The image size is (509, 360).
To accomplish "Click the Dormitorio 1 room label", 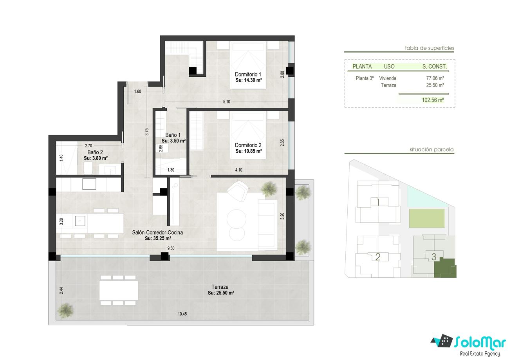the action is pos(248,74).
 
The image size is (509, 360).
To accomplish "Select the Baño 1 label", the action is pos(173,135).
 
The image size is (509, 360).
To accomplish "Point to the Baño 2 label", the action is pos(95,152).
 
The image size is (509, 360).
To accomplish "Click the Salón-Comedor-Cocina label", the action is pos(157,233).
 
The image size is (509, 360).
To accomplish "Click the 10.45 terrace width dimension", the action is pos(182,314).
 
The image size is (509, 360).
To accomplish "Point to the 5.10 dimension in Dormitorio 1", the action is pos(227,101).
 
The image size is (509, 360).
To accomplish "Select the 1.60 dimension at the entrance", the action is pos(137,91).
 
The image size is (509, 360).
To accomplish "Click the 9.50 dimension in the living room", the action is pos(171,248).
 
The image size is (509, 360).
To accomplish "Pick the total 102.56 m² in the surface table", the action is pos(433,100).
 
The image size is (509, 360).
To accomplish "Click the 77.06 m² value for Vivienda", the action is pos(435,78).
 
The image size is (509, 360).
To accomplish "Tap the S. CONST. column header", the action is pos(435,67).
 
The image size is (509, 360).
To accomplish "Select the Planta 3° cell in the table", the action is pos(365,78).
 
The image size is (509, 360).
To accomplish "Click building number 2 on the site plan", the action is pos(378,257).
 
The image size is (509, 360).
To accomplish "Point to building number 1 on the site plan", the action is pos(378,202).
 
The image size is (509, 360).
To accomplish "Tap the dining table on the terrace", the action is pos(119,290).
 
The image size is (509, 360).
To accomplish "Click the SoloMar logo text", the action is pos(480,342).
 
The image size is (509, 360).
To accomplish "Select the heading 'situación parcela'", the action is pos(431,149).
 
